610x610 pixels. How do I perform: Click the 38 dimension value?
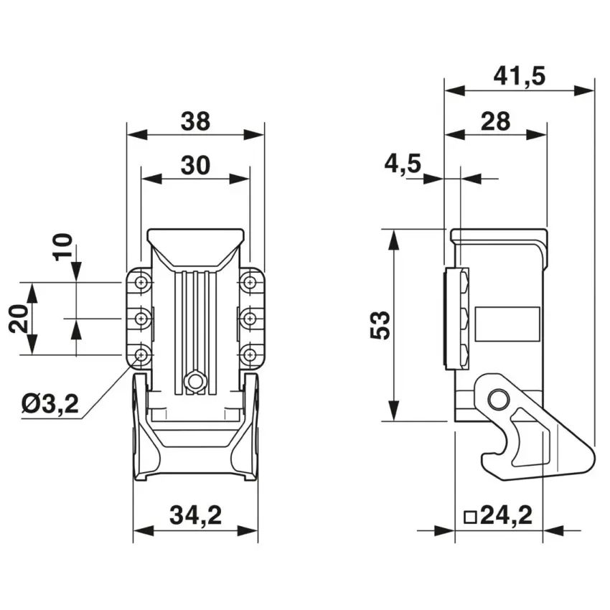point(195,121)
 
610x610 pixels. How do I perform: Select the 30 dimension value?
point(195,165)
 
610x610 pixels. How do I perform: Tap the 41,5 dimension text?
point(520,76)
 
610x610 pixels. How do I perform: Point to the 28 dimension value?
point(496,121)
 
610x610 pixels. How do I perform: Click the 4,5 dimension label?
point(403,164)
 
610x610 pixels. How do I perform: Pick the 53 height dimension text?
point(380,325)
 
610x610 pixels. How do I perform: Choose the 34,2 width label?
point(195,516)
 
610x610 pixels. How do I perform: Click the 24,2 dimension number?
point(506,516)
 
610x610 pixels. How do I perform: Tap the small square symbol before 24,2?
point(471,517)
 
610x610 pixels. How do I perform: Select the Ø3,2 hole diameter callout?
point(50,404)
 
